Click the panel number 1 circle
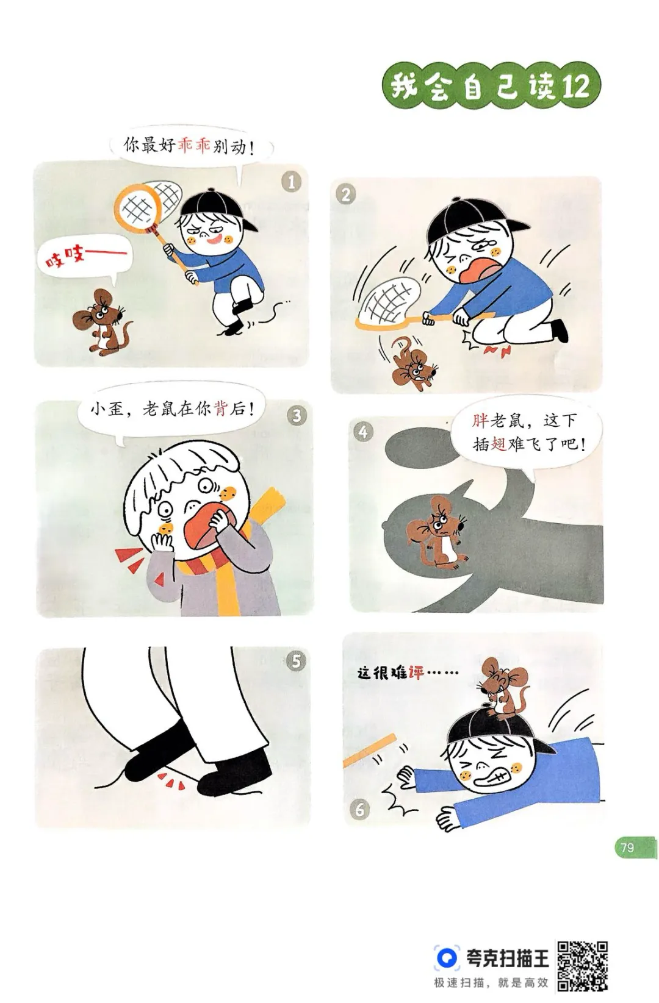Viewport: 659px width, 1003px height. pos(292,182)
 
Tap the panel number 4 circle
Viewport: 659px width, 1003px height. pos(363,432)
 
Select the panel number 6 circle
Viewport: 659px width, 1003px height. pos(359,810)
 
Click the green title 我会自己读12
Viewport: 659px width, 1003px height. pos(491,87)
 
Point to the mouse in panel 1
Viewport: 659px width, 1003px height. pos(101,321)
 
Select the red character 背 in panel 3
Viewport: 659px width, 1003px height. pos(221,409)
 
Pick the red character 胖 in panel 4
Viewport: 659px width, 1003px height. pos(480,420)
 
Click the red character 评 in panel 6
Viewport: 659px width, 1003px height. pos(416,673)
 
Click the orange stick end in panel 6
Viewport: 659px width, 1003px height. pos(392,738)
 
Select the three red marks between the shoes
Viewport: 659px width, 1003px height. pos(171,780)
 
